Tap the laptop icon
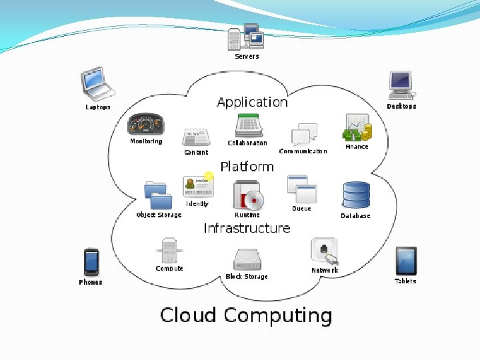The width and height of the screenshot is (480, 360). tap(97, 83)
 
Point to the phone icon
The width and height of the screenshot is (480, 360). tap(91, 261)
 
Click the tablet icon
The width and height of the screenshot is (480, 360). tap(405, 261)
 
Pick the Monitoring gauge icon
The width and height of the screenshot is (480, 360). tap(145, 125)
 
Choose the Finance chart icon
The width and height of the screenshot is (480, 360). tap(357, 127)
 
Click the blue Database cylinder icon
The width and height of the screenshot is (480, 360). tap(356, 195)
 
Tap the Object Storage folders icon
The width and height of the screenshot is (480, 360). tap(159, 195)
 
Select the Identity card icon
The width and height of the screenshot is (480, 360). tap(198, 187)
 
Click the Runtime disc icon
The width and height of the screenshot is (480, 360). tap(248, 195)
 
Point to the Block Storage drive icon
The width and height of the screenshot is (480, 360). tap(247, 259)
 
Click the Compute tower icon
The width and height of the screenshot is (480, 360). tap(169, 251)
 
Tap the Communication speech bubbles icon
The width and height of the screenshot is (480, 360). tap(304, 134)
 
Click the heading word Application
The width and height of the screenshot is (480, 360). tap(252, 102)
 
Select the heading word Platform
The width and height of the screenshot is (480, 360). tap(247, 166)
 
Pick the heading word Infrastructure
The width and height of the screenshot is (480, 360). tap(247, 228)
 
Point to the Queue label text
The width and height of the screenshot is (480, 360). tap(301, 209)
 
